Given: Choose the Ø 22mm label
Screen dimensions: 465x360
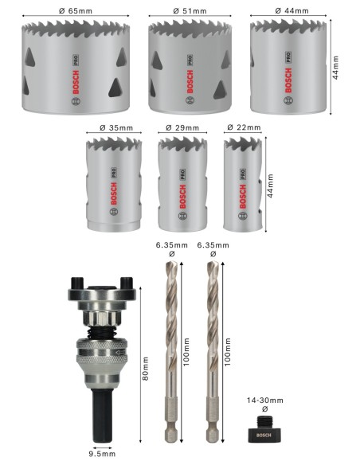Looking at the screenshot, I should (243, 127).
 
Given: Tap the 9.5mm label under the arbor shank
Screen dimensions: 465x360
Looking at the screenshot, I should (102, 455).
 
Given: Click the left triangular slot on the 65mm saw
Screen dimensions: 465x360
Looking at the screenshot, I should (31, 57).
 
